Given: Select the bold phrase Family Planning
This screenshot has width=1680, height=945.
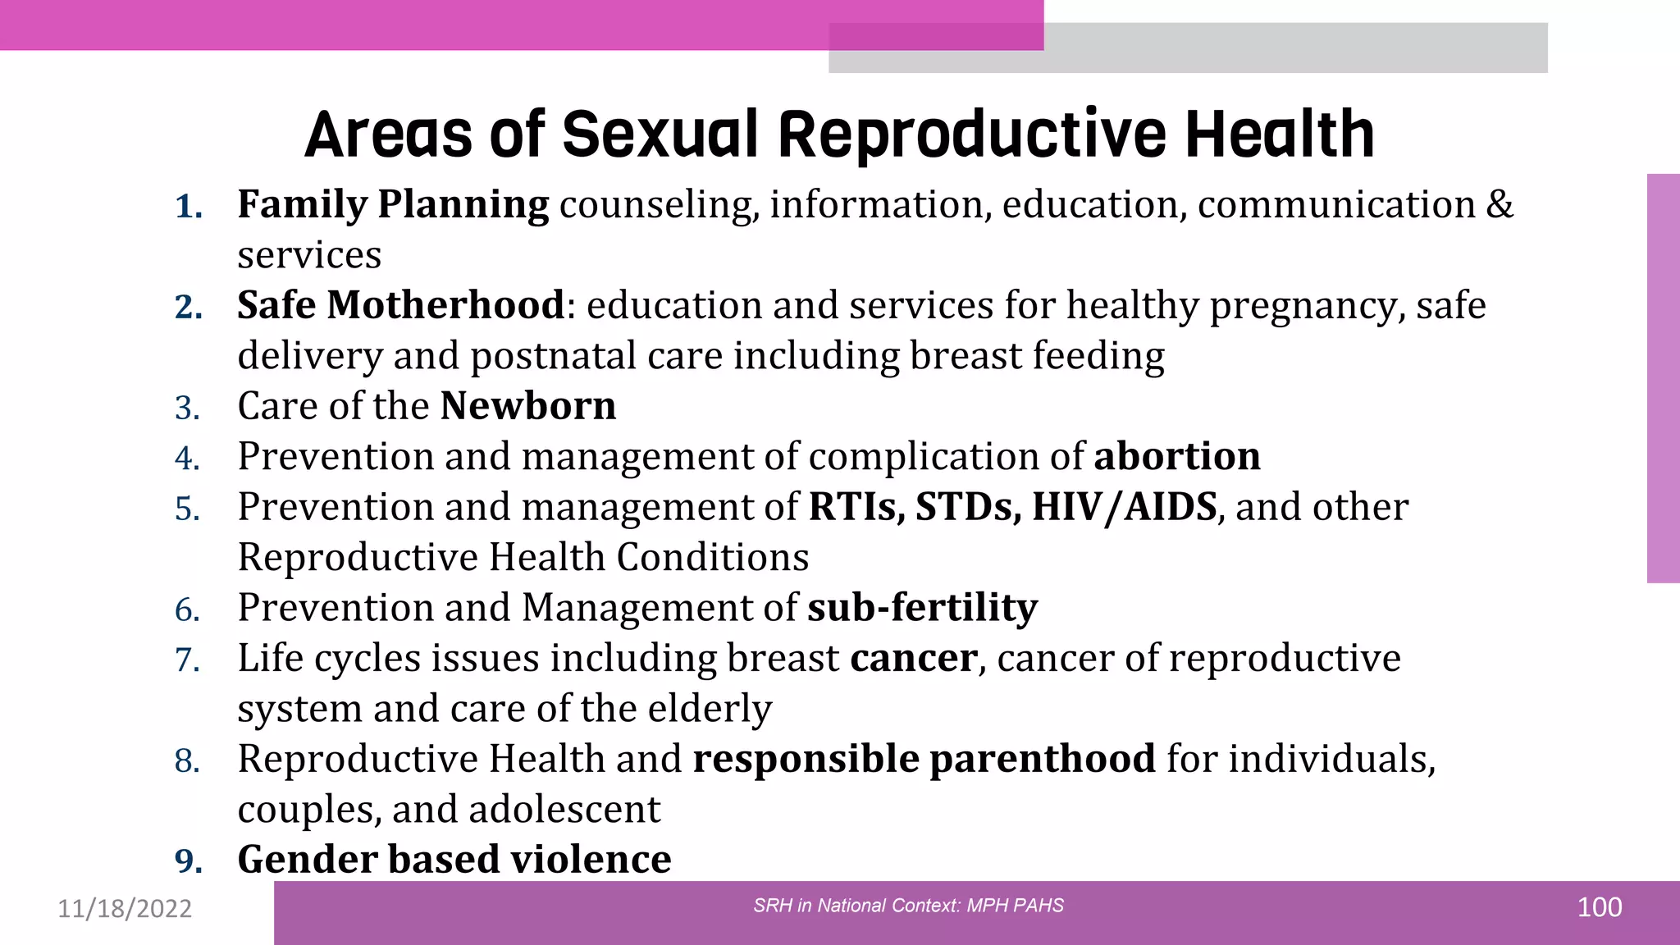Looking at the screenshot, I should point(393,204).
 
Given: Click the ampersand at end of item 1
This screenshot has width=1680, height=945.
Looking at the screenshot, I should point(1500,204).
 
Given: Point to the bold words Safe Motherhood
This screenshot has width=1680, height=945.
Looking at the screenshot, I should point(400,305).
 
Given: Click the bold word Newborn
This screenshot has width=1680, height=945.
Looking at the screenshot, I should point(527,406).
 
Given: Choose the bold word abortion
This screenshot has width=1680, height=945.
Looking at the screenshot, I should point(1176,456).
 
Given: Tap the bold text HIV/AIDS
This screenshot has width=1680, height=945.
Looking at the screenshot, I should point(1124,507).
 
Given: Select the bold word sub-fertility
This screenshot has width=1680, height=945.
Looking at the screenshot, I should point(922,608).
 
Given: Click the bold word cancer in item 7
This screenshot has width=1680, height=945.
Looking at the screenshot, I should point(913,658).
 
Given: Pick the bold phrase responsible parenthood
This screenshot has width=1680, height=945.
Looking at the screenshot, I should point(924,759).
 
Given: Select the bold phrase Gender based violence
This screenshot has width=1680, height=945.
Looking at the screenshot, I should point(454,860).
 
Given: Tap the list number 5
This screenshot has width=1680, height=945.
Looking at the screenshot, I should point(187,509).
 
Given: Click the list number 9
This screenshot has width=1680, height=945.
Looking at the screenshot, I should point(188,861).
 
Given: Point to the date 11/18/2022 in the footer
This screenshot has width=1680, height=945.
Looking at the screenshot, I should point(125,908).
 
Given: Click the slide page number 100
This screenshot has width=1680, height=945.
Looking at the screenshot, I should point(1599,907).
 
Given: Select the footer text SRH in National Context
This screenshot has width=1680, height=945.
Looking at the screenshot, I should point(856,906).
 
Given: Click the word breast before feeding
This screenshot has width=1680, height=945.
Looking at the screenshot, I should point(965,356).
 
